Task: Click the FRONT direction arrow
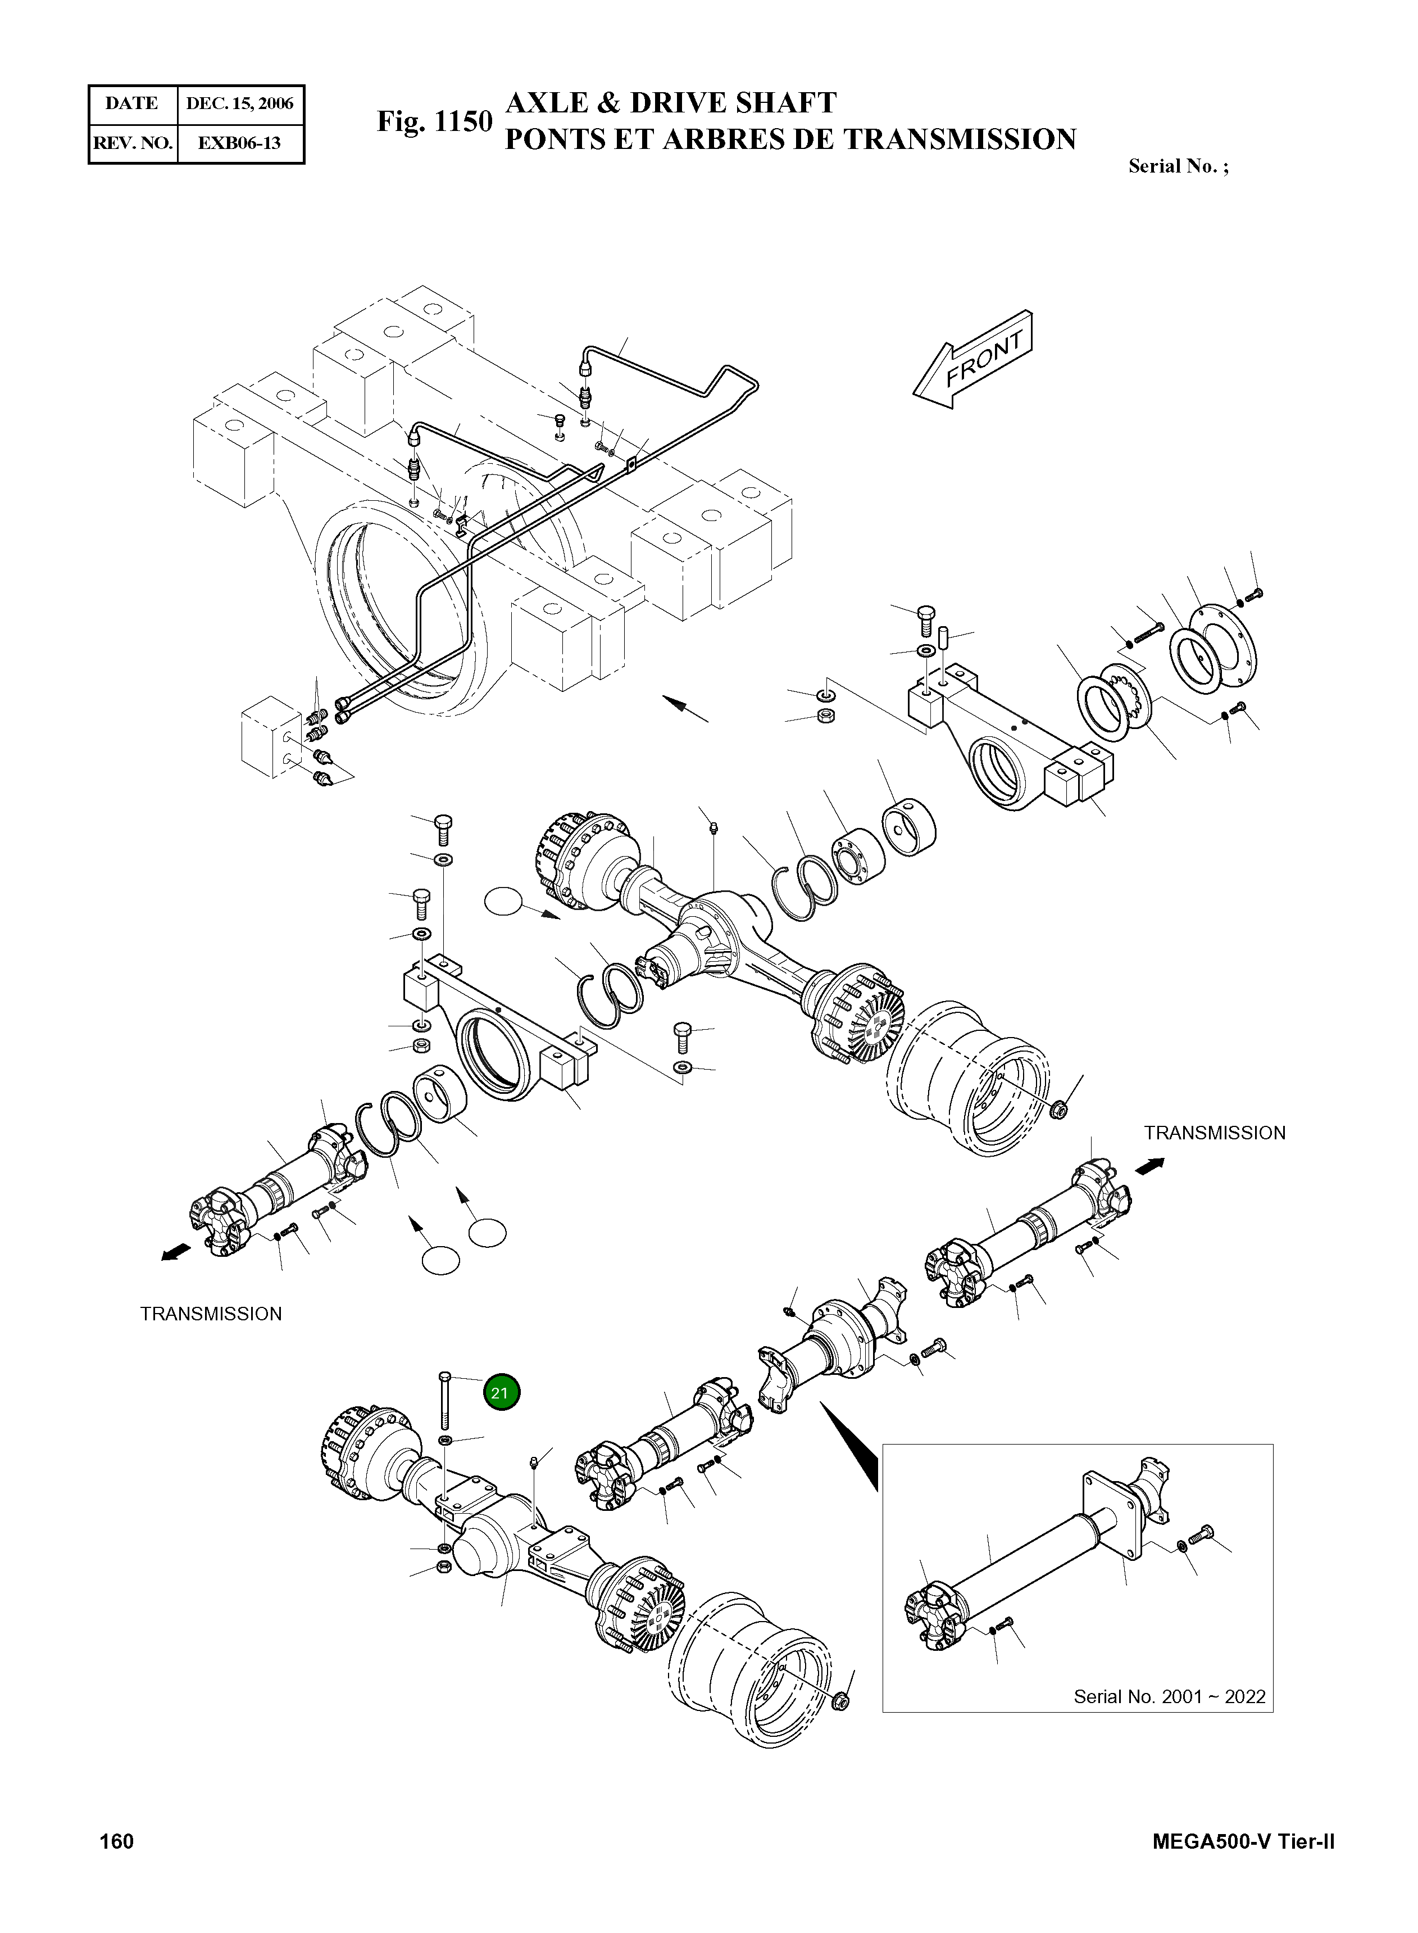point(974,361)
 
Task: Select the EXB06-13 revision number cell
point(239,143)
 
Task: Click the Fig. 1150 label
point(434,122)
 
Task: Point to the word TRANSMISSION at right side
point(1215,1133)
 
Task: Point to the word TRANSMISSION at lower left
point(211,1314)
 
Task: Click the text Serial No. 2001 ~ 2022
point(1169,1696)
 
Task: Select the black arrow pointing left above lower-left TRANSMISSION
point(175,1255)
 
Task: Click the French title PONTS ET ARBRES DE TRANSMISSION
point(790,139)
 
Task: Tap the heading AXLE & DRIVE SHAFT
point(670,103)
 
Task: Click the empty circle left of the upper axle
point(503,903)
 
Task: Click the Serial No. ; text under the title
point(1178,166)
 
